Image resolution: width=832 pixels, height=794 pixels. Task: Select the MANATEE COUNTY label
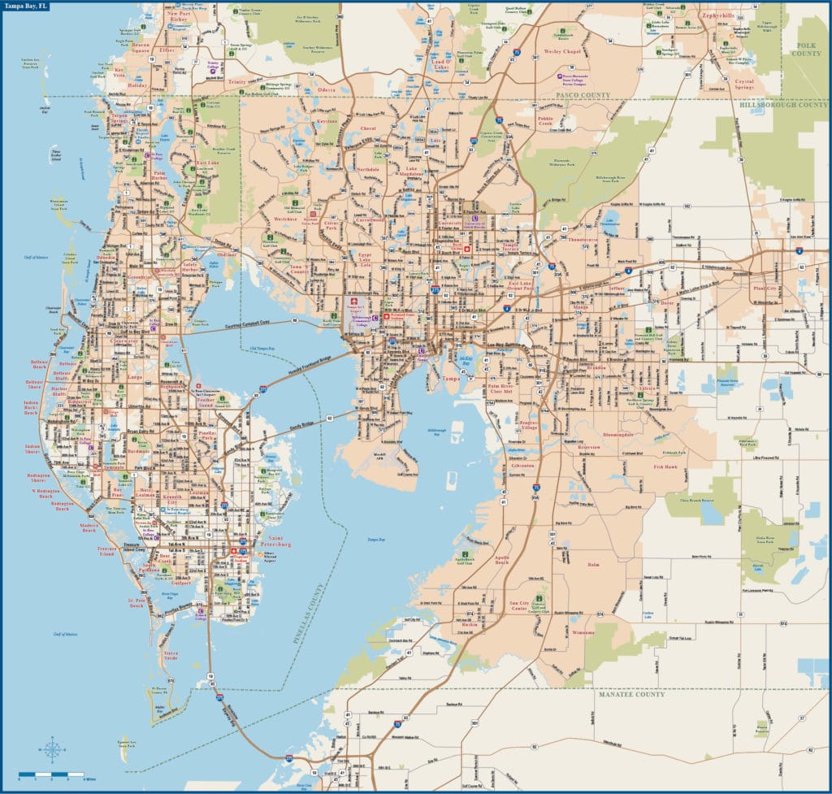coord(631,695)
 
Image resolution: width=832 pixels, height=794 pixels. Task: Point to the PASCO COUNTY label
coord(583,95)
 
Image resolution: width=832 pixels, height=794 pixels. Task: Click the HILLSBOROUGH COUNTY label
coord(784,105)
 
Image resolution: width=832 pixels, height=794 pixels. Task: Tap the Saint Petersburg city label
coord(274,541)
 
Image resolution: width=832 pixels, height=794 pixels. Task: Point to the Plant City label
coord(765,289)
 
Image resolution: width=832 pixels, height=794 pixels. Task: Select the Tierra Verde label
coord(171,655)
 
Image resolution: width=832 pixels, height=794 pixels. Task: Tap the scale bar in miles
coord(51,774)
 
